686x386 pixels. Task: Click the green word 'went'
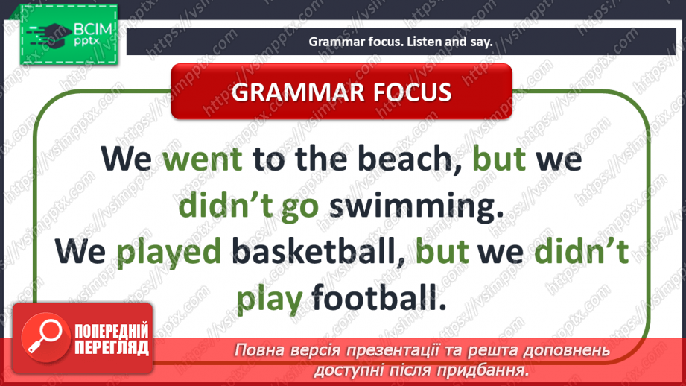203,159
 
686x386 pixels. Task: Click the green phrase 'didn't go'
248,206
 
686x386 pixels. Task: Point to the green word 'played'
171,253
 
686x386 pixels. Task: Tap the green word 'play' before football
269,300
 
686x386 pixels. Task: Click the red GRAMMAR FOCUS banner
342,92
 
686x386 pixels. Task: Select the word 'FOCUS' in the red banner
410,92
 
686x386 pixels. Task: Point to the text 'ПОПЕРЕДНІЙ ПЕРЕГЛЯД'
111,339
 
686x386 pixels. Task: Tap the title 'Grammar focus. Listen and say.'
401,42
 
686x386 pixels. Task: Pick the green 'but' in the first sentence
501,159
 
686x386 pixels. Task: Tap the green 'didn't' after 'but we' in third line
582,253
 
